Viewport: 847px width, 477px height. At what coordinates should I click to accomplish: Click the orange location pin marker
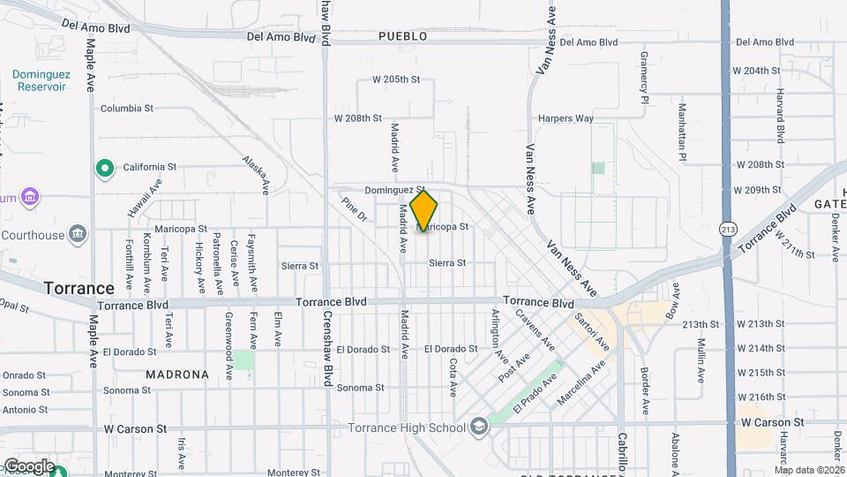(423, 210)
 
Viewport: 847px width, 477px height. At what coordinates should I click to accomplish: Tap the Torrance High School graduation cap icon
(478, 428)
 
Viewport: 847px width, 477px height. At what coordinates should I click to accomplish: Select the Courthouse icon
(78, 235)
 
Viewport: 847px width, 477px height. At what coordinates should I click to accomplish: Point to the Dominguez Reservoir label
(40, 80)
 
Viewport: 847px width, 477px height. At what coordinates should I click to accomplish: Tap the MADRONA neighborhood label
(177, 375)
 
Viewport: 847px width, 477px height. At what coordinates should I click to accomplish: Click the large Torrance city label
(79, 288)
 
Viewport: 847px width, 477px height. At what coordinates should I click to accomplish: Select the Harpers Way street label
(566, 118)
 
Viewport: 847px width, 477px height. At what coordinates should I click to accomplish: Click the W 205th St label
(396, 79)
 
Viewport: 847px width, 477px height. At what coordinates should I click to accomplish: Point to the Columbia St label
(127, 109)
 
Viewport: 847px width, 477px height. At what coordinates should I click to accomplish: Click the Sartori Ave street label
(592, 329)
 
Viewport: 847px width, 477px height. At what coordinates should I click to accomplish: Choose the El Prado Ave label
(535, 392)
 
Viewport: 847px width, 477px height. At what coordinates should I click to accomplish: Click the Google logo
(29, 466)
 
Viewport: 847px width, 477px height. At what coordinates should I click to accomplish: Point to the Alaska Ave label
(255, 174)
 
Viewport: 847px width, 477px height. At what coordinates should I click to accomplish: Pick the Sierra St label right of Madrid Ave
(447, 263)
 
